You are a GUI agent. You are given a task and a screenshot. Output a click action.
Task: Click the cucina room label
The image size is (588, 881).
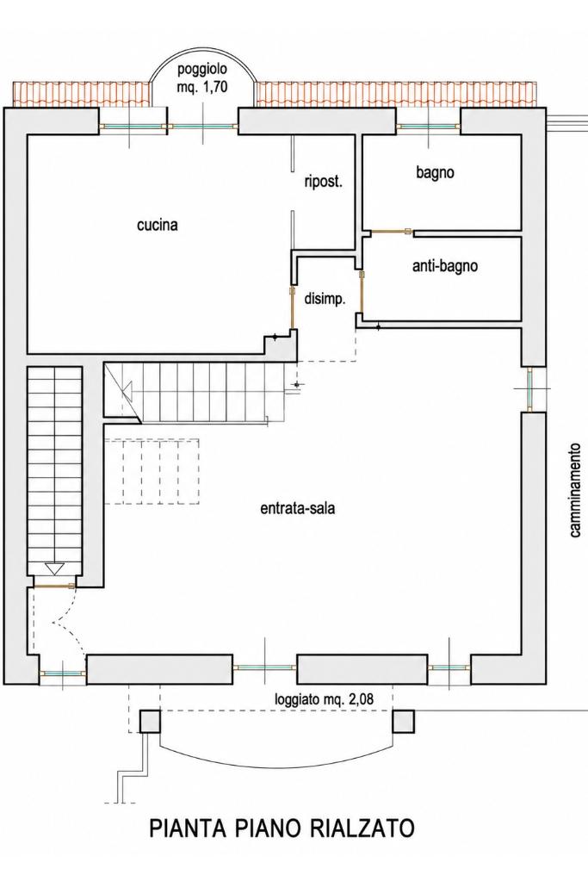click(x=158, y=225)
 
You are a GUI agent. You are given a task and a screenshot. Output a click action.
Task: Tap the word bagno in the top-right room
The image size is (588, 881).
click(x=436, y=172)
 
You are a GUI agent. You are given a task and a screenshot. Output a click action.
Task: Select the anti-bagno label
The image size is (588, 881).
click(x=445, y=265)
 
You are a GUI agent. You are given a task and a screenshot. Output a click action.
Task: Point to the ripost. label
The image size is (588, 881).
click(x=324, y=182)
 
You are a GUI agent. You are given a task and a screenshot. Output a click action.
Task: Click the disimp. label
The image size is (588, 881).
click(x=325, y=298)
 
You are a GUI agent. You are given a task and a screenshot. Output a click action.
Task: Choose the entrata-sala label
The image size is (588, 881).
click(x=298, y=508)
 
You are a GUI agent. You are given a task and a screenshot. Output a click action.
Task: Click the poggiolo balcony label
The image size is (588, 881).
click(x=202, y=70)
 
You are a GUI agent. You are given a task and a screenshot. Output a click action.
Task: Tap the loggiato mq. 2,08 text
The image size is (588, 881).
click(x=324, y=699)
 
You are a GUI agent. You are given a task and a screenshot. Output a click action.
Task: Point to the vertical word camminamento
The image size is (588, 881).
click(x=574, y=491)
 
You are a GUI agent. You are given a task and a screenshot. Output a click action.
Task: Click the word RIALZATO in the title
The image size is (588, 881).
click(x=359, y=828)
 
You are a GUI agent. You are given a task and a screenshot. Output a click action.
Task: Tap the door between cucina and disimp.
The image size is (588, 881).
click(x=292, y=308)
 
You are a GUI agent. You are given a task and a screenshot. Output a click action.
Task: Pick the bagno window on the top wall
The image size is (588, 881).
click(x=429, y=127)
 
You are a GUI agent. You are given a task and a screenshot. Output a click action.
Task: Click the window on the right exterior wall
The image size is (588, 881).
click(x=529, y=388)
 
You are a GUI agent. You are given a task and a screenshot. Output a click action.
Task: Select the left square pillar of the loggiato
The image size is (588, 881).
click(x=150, y=722)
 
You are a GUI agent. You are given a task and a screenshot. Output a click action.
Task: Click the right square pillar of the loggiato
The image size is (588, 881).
click(x=403, y=722)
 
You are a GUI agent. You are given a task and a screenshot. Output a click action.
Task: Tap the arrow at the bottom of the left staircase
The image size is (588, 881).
click(x=54, y=569)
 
